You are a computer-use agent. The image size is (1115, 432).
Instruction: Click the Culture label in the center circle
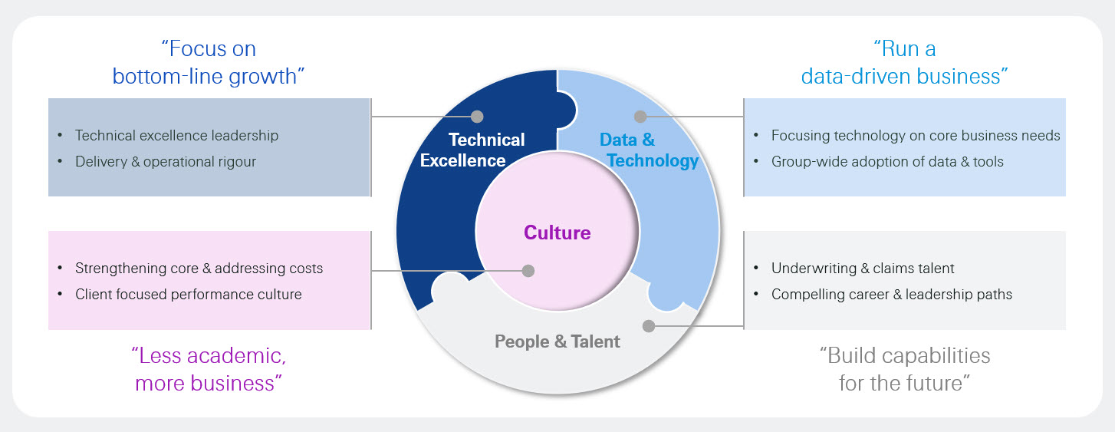557,232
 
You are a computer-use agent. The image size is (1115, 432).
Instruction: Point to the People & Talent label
557,341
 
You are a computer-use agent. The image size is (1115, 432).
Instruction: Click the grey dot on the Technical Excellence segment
477,117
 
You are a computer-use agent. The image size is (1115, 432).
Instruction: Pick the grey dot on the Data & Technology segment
641,117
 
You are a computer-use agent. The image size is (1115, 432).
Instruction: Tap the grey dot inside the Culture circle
528,270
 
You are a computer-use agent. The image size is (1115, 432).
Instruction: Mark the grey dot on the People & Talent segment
649,326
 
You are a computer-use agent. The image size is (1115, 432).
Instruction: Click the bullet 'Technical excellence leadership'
176,136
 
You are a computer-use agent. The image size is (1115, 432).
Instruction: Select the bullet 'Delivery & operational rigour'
166,162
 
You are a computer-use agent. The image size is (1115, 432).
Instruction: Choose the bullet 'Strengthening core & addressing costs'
199,269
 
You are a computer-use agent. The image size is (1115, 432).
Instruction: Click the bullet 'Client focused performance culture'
188,295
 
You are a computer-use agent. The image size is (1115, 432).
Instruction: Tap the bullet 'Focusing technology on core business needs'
916,136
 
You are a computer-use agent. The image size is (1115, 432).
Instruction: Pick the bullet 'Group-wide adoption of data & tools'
887,162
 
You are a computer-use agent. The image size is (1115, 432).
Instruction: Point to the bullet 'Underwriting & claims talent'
863,269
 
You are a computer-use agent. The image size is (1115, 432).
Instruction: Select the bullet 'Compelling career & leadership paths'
892,295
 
